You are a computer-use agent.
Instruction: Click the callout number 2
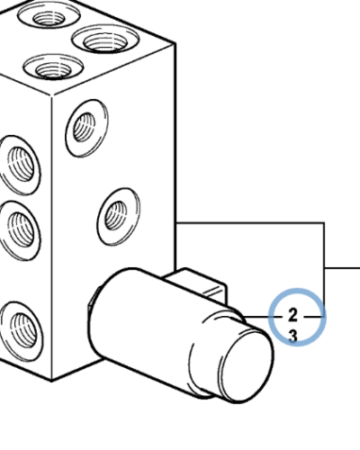(292, 316)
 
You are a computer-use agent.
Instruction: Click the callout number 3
(292, 336)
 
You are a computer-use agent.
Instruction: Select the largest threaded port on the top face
(105, 40)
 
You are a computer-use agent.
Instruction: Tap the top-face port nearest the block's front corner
(53, 67)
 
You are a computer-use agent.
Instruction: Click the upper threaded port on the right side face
(87, 128)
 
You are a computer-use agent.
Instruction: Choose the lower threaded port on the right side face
(119, 217)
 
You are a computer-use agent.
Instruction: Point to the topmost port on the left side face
(20, 165)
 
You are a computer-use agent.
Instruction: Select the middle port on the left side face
(20, 230)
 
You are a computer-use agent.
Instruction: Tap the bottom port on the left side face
(22, 331)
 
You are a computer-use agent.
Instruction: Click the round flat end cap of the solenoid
(247, 366)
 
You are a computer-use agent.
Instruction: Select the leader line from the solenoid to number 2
(263, 317)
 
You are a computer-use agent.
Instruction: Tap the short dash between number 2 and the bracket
(314, 317)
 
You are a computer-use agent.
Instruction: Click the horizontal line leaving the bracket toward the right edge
(342, 267)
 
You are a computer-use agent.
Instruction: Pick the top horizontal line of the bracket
(250, 223)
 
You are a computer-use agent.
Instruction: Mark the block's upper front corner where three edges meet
(52, 96)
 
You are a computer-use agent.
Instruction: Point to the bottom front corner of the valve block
(51, 381)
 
